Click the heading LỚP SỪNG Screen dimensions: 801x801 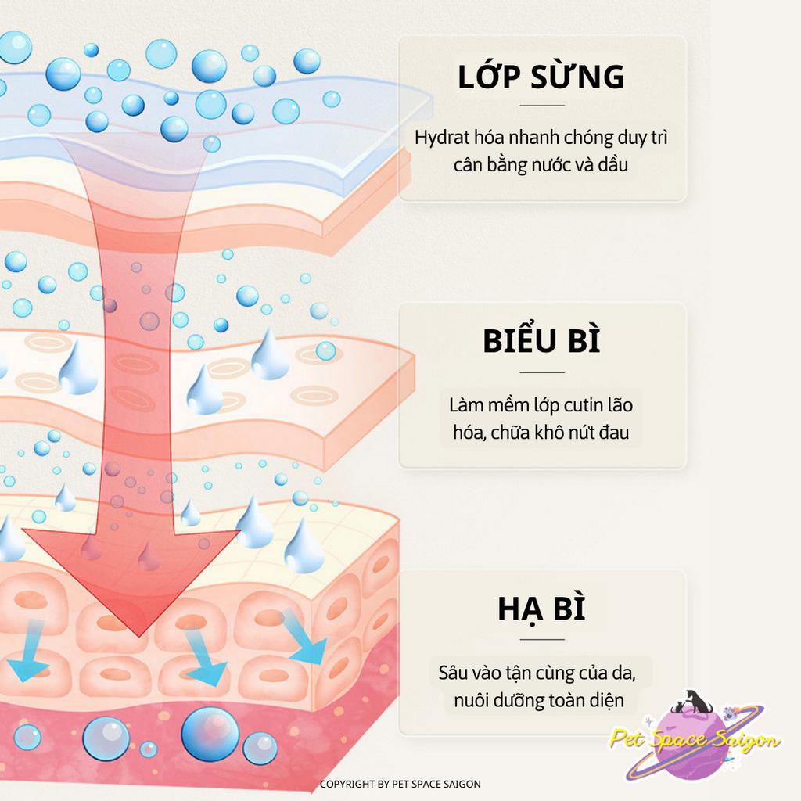click(x=541, y=77)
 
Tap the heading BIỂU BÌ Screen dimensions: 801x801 click(x=541, y=343)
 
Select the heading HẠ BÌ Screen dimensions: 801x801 click(x=541, y=609)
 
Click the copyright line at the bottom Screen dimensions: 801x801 click(x=400, y=784)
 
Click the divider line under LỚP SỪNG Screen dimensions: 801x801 click(x=541, y=105)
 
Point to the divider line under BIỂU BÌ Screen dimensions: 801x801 click(x=541, y=372)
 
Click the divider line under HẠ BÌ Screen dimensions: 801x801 click(x=541, y=639)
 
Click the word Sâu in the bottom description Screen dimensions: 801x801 click(x=454, y=673)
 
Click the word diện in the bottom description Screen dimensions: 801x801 click(x=607, y=700)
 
